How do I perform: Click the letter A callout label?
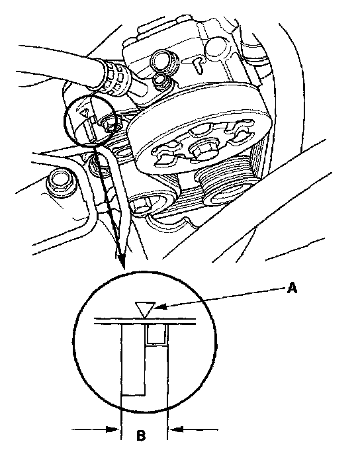pyautogui.click(x=292, y=288)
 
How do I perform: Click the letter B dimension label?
pyautogui.click(x=141, y=435)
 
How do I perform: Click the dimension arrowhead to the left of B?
pyautogui.click(x=112, y=429)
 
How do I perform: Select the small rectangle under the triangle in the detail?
pyautogui.click(x=156, y=334)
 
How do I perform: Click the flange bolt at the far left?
pyautogui.click(x=61, y=183)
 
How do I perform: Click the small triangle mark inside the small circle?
pyautogui.click(x=85, y=112)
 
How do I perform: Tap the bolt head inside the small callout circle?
pyautogui.click(x=110, y=125)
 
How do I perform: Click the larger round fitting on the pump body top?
pyautogui.click(x=164, y=61)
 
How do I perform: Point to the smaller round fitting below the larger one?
pyautogui.click(x=161, y=79)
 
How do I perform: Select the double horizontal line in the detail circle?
pyautogui.click(x=145, y=321)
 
